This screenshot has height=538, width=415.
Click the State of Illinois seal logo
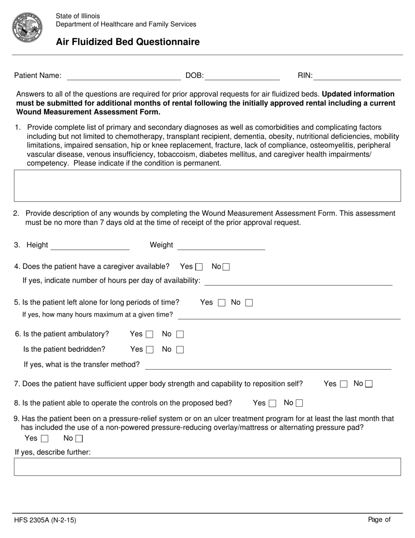click(27, 28)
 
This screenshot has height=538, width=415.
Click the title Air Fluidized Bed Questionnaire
click(128, 42)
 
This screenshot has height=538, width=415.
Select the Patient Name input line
click(124, 76)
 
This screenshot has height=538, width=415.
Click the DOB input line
click(242, 76)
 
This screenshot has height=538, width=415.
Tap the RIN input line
click(357, 76)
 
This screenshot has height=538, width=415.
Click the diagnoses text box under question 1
click(207, 185)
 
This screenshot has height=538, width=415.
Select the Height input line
click(90, 245)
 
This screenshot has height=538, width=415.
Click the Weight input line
click(221, 245)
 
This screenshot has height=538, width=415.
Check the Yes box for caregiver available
click(199, 267)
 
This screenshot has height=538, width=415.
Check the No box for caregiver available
click(226, 267)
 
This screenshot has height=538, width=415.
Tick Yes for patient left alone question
click(221, 303)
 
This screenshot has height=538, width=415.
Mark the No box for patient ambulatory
click(180, 335)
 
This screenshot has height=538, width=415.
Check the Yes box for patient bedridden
click(149, 349)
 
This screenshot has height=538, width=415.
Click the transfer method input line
click(268, 365)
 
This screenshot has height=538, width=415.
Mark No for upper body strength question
click(369, 384)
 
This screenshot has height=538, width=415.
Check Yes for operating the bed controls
click(273, 403)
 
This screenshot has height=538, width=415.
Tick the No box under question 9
click(79, 439)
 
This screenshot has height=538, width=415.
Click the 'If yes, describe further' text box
click(207, 467)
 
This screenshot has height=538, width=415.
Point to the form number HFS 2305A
click(42, 521)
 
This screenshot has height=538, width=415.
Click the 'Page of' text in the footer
click(379, 520)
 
